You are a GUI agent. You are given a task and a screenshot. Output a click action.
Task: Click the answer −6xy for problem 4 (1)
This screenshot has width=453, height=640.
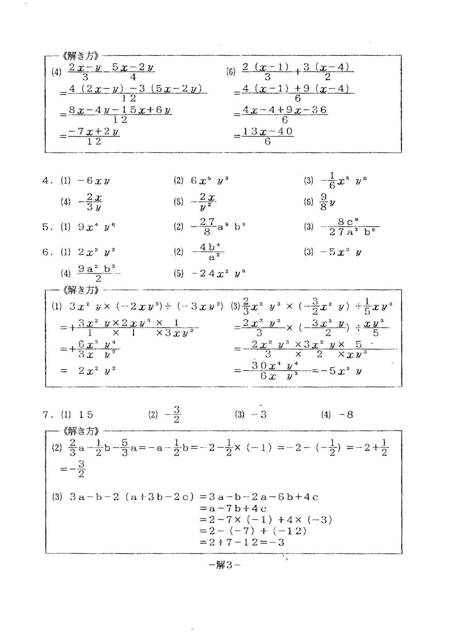94,181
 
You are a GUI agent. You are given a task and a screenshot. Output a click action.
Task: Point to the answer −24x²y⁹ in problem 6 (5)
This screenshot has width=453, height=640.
218,274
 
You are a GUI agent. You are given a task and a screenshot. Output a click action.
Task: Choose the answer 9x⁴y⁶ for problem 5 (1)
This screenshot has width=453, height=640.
97,227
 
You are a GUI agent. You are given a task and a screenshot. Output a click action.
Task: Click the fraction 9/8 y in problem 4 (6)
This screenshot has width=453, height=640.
327,202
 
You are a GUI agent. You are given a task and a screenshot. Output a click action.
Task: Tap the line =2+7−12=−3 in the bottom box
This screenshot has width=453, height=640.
242,542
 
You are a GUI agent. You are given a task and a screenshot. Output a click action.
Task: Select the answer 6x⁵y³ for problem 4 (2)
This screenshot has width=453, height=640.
210,181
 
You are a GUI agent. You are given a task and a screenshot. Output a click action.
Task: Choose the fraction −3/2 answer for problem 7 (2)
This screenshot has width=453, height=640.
174,415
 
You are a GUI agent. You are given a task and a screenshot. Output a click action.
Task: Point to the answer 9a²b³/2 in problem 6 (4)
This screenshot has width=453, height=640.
98,273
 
